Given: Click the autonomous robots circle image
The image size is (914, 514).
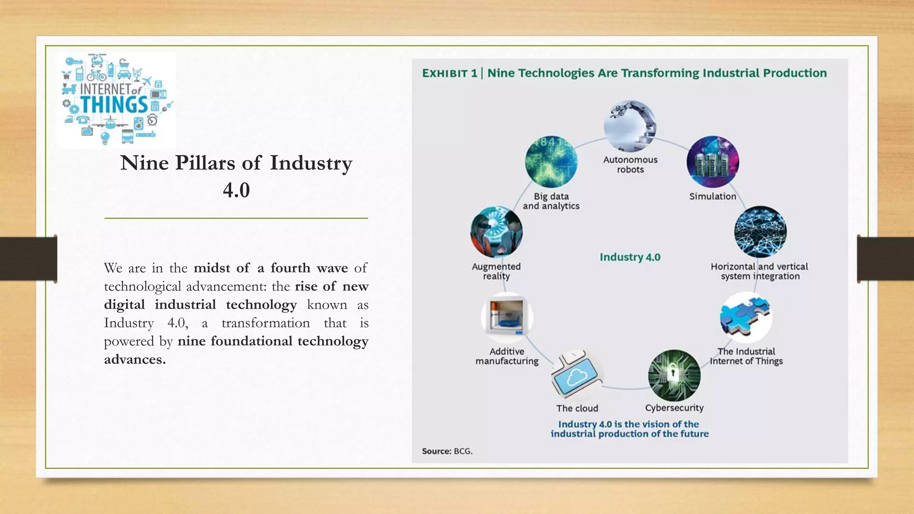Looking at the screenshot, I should coord(630,126).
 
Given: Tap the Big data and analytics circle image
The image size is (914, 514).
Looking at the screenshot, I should coord(551,162).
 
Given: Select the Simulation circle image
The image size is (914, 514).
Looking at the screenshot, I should coord(713,162).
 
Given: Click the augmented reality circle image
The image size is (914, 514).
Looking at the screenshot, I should coord(496,232).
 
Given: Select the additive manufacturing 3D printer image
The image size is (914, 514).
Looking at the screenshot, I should coord(507,318).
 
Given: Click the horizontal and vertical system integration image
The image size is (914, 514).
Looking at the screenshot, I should coord(760,232).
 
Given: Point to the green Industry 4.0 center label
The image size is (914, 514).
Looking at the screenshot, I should coord(630,257).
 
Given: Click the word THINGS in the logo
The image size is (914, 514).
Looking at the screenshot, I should coord(114,105).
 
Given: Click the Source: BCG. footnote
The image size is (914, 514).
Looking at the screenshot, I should coord(447,451).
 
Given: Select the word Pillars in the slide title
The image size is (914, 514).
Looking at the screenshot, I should coord(204,163).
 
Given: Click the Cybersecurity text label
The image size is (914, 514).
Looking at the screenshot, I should coord(674,408).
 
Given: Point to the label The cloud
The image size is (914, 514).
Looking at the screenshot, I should coord(577,408).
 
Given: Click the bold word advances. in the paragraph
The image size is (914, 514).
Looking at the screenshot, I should coord(135,360).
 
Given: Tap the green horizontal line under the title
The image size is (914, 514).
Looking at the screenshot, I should coord(236,218).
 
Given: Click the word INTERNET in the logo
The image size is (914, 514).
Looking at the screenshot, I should coord(105,89).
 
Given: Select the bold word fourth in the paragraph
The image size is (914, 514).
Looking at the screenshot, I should coord(290,268).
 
